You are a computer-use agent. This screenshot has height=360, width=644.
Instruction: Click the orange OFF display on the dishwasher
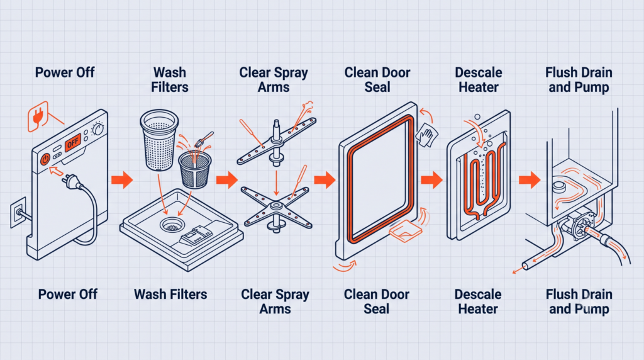[x=72, y=142]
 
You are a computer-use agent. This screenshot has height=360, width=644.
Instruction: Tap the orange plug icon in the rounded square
[x=38, y=116]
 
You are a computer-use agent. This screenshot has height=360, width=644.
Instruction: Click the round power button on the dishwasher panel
[x=45, y=159]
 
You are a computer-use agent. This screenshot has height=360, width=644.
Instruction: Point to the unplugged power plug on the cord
[x=70, y=181]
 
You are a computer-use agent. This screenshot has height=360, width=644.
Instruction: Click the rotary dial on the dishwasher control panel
[x=97, y=128]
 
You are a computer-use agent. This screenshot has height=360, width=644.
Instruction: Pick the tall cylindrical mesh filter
[x=159, y=140]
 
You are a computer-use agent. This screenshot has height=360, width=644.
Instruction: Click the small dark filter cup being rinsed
[x=195, y=170]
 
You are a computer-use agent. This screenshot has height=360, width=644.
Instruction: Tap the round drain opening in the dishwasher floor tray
[x=172, y=225]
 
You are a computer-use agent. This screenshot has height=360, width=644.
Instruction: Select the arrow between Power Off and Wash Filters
[x=122, y=179]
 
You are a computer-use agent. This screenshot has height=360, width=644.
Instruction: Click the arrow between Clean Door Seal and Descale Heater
[x=431, y=179]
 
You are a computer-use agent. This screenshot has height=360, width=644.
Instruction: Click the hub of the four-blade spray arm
[x=276, y=205]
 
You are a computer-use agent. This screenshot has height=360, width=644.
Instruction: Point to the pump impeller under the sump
[x=580, y=225]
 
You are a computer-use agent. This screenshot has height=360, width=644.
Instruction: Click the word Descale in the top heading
[x=479, y=73]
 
